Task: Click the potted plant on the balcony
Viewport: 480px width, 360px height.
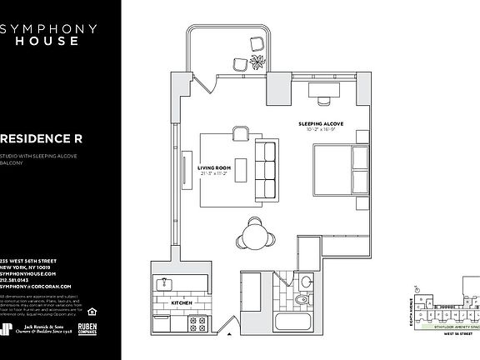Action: pyautogui.click(x=258, y=64)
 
